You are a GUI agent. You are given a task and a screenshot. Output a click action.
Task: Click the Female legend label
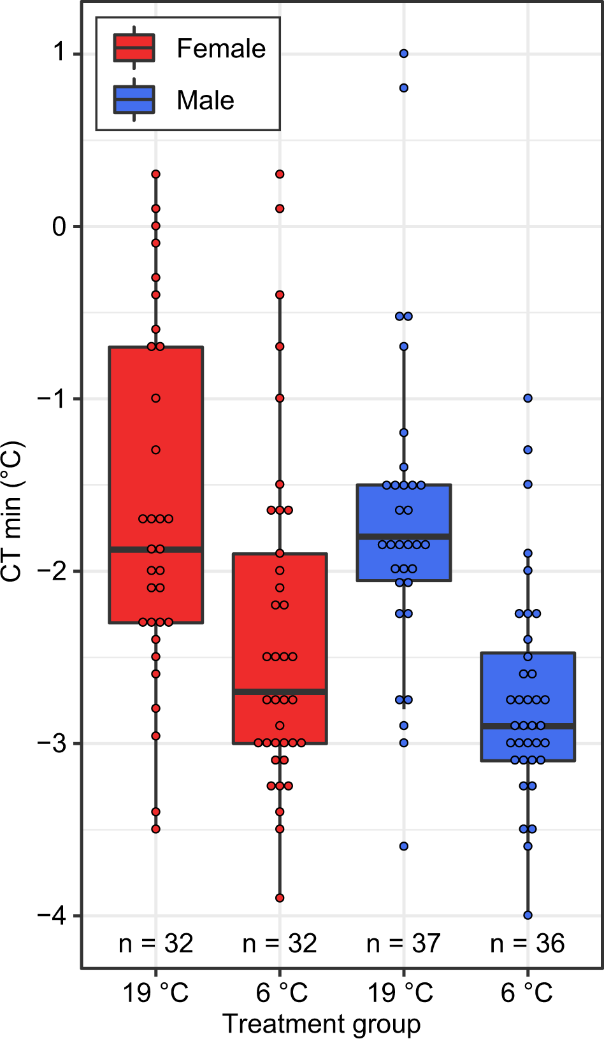pos(220,49)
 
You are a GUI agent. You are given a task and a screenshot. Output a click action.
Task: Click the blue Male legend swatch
pos(134,100)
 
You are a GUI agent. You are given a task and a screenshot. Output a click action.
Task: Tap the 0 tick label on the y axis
pos(60,226)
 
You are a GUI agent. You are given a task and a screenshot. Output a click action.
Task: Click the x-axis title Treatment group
pos(321,1024)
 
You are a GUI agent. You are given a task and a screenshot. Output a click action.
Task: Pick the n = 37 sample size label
pos(403,943)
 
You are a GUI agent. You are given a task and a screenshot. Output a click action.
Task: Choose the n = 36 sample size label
pos(528,943)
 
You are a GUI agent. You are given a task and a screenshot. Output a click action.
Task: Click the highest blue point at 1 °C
pos(404,54)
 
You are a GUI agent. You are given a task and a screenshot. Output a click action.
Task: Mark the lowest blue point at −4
pos(528,915)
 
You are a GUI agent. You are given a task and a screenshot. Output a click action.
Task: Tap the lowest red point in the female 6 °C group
pos(280,898)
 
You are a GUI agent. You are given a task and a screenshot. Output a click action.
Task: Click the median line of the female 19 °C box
pos(156,549)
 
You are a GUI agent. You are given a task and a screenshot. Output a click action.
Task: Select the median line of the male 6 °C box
pos(528,726)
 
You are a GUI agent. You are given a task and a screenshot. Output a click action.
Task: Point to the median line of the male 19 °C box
pos(404,537)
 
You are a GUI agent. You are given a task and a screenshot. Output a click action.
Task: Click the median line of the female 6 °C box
pos(280,691)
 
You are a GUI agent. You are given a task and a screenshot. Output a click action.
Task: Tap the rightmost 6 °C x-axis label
pos(528,992)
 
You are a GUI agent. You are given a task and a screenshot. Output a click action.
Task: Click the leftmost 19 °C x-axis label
pos(156,992)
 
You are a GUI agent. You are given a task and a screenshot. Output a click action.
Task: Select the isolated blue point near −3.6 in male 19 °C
pos(404,847)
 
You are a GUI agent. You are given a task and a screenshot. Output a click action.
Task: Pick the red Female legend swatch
pos(134,48)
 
